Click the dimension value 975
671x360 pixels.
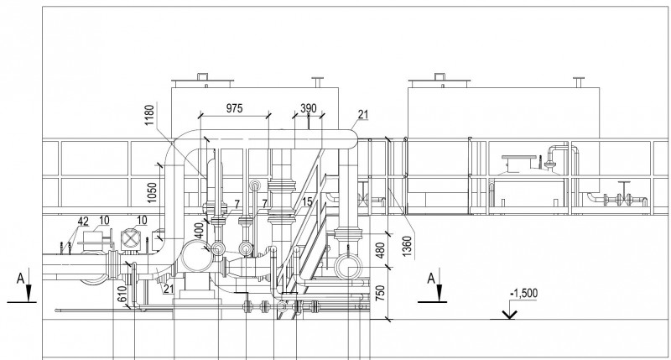pos(234,108)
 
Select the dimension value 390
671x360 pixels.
pos(308,108)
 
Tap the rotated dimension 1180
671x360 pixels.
pos(149,115)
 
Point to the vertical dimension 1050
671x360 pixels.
pos(152,193)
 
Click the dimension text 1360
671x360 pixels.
pos(407,247)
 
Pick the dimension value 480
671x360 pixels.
pos(380,250)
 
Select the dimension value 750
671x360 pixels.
pos(380,293)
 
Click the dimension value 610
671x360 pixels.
pos(122,294)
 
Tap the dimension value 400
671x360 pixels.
pos(200,231)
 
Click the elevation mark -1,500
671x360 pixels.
pos(523,294)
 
